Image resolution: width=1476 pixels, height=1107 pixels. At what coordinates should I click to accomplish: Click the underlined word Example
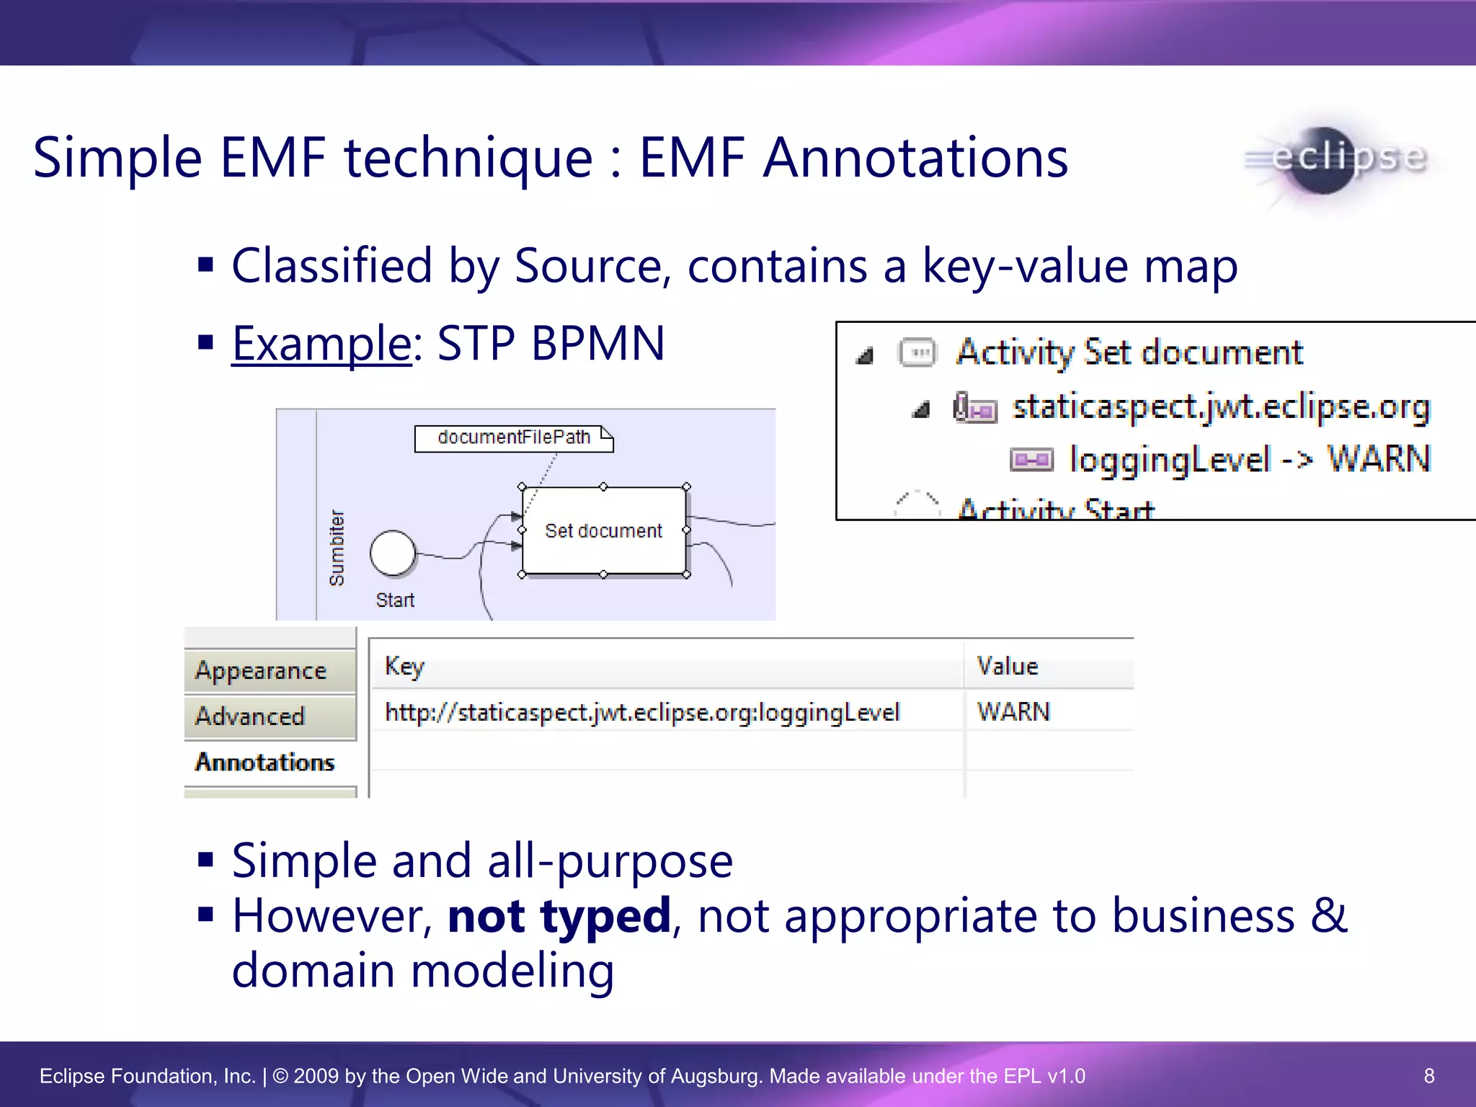pos(321,343)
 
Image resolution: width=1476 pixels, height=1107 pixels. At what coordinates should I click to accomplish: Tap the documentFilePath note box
pos(514,438)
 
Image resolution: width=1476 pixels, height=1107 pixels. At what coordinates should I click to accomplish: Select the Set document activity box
pos(603,531)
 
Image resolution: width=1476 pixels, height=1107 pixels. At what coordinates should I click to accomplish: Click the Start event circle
pos(393,553)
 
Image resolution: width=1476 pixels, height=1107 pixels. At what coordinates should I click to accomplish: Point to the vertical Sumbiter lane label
pos(337,548)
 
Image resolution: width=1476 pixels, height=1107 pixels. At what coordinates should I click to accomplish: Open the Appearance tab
pos(261,671)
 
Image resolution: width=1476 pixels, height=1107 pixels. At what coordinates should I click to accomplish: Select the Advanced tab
pos(250,716)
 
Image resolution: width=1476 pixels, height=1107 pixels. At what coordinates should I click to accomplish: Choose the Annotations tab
pos(264,763)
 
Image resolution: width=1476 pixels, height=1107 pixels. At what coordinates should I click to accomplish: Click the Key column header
pos(404,666)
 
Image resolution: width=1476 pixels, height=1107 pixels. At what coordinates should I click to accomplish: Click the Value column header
pos(1007,666)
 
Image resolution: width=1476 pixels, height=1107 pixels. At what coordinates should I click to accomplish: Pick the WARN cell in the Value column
pos(1013,712)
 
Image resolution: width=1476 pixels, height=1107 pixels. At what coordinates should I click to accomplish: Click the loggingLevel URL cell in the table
pos(642,712)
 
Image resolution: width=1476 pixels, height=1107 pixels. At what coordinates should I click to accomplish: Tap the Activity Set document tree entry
pos(1129,352)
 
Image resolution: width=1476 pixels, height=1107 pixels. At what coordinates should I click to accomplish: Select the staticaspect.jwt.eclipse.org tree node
pos(1221,407)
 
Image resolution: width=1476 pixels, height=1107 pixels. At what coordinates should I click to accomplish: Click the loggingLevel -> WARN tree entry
pos(1249,459)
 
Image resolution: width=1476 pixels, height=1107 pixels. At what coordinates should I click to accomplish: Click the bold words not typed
pos(559,916)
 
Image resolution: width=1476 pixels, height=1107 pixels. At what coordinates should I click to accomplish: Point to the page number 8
pos(1429,1076)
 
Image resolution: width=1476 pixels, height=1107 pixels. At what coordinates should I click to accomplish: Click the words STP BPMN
pos(551,343)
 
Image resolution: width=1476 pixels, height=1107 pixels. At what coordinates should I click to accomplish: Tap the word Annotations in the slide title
pos(915,159)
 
